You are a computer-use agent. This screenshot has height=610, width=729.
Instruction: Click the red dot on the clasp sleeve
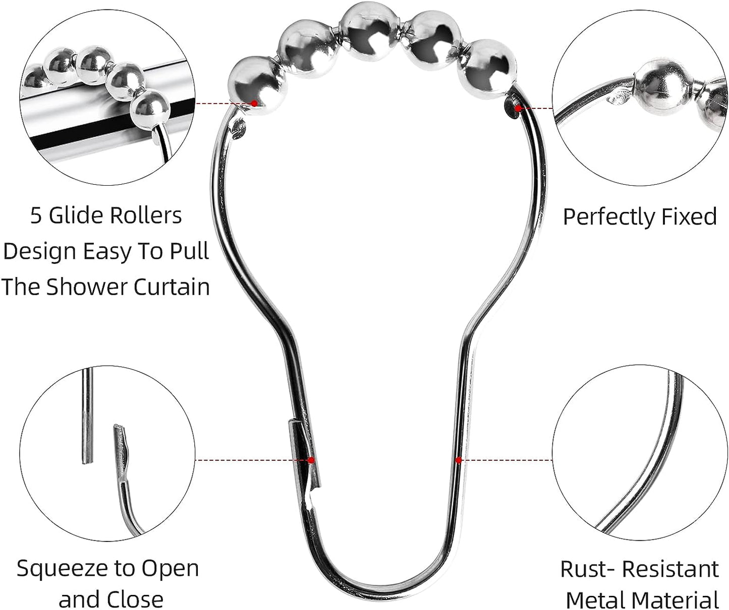click(311, 460)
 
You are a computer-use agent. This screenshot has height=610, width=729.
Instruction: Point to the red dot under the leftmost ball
click(254, 103)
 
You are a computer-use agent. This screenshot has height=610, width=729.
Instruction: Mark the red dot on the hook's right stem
click(459, 460)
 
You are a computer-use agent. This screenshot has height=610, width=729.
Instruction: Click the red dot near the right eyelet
click(518, 108)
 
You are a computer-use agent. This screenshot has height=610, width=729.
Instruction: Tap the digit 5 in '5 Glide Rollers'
click(36, 216)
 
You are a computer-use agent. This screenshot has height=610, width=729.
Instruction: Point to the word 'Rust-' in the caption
click(587, 569)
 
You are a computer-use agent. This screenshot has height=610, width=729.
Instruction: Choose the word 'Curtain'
click(172, 287)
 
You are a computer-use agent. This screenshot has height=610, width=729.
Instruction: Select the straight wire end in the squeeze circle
click(87, 416)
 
